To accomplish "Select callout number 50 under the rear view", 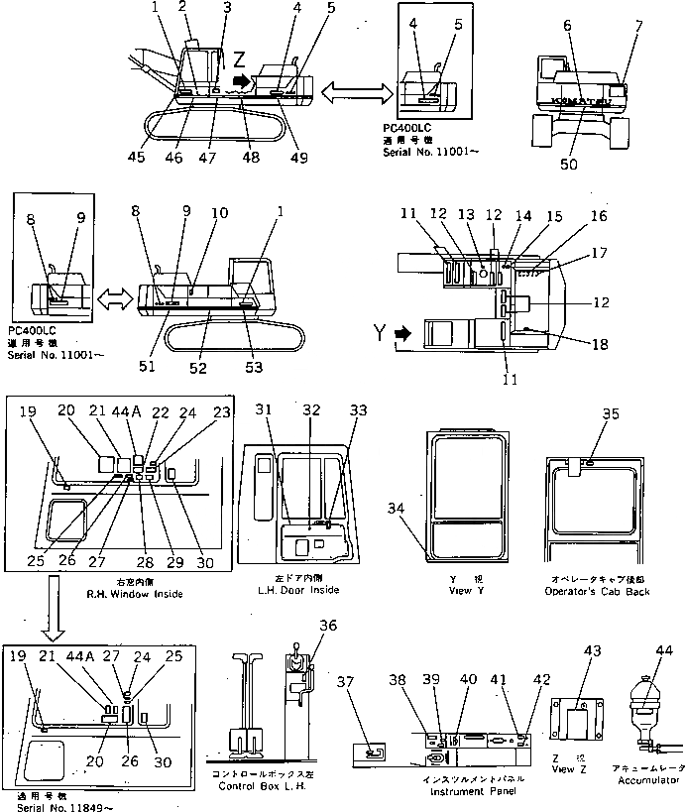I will (x=568, y=164).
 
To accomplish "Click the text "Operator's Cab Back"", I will (x=594, y=590).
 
